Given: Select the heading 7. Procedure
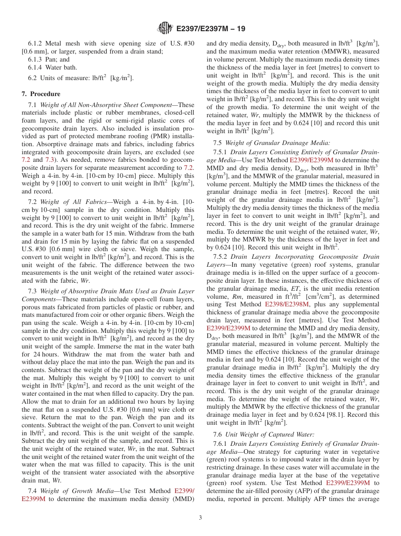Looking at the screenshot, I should (x=41, y=94).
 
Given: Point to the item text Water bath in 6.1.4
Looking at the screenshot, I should (x=63, y=67).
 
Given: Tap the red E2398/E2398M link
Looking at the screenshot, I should (x=287, y=304).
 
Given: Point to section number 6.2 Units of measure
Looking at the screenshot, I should (x=33, y=78).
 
